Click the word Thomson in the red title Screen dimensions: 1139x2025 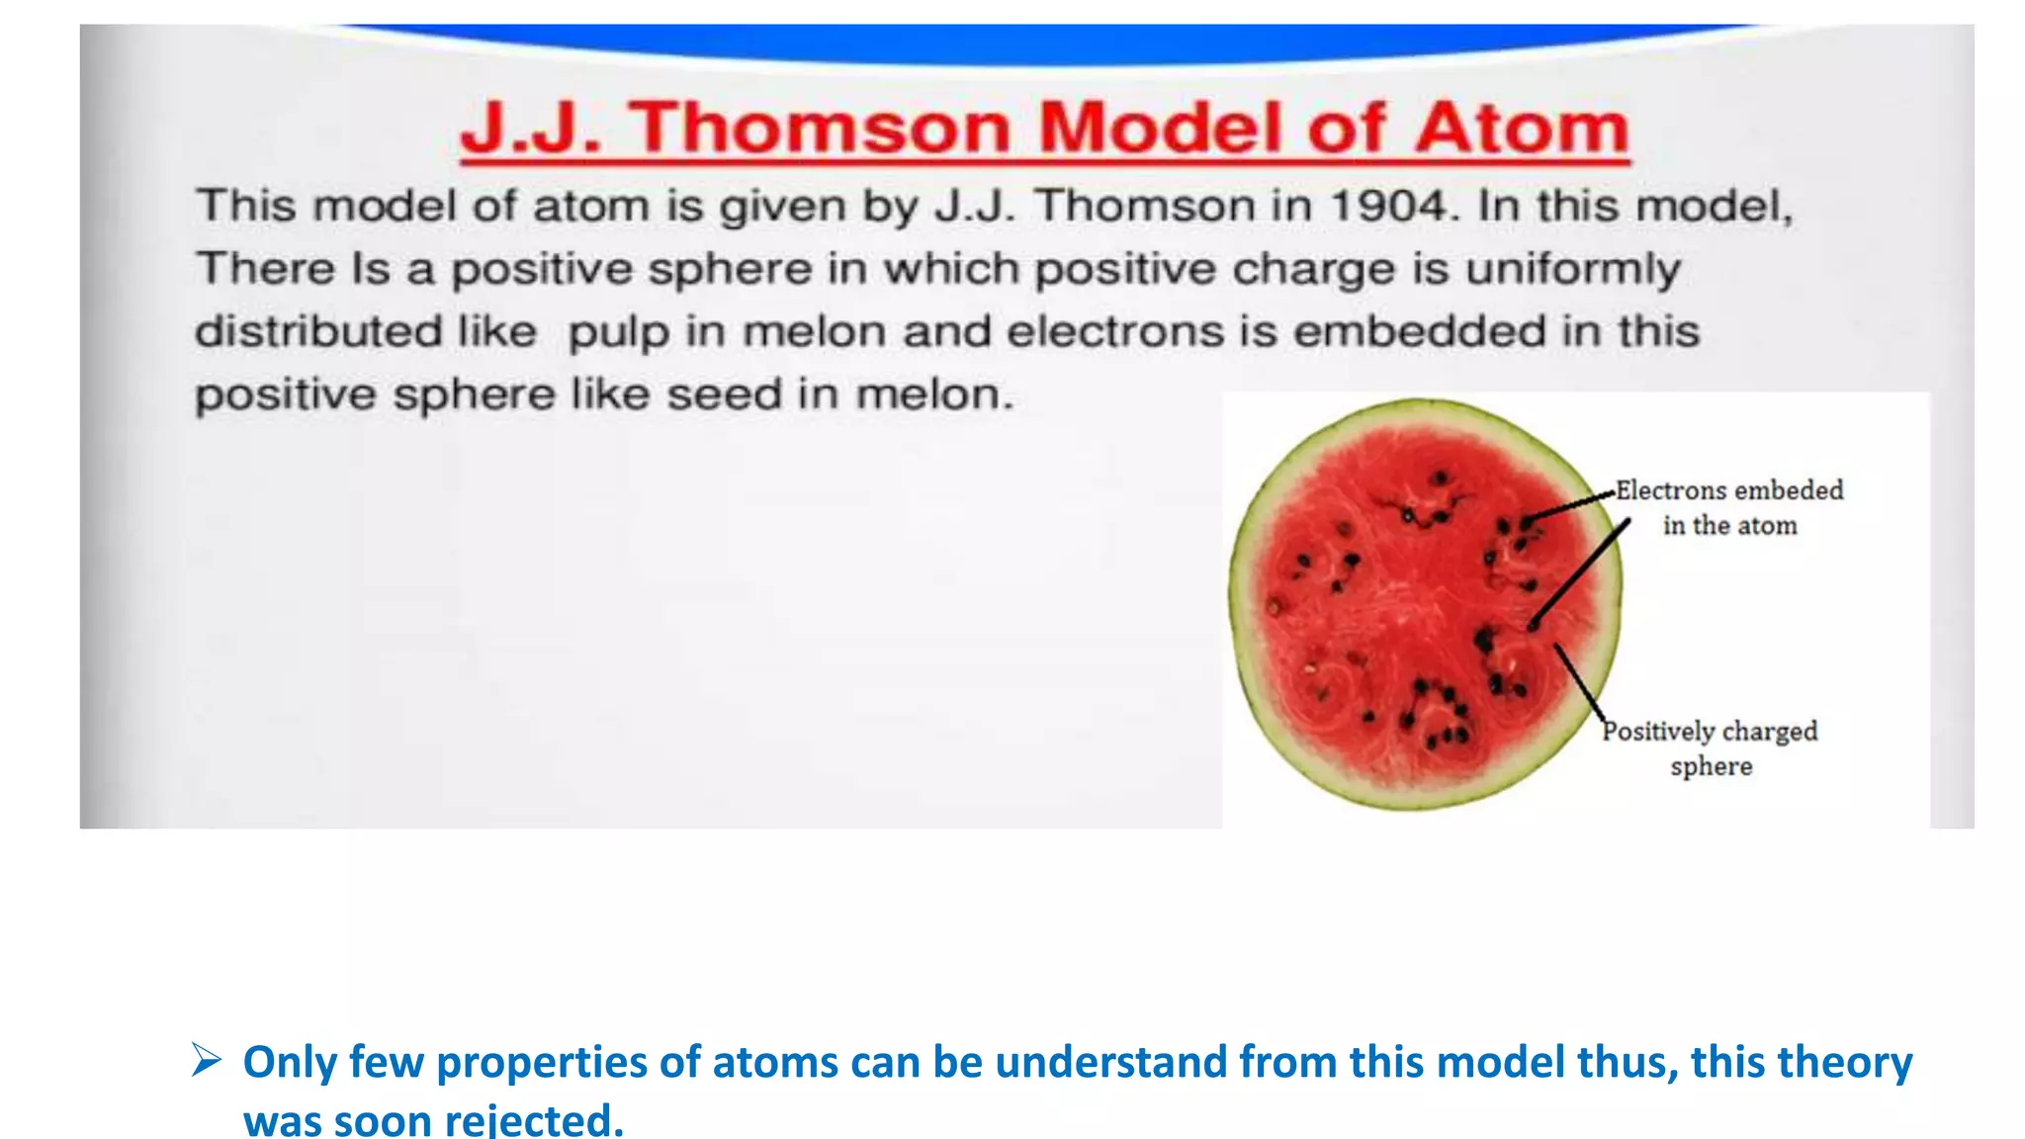[821, 129]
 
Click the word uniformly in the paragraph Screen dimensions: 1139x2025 [1573, 270]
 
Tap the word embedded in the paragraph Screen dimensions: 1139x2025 [1420, 331]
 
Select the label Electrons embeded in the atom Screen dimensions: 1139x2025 [1729, 507]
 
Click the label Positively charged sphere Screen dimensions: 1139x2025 [1711, 747]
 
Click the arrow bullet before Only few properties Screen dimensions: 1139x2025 [206, 1061]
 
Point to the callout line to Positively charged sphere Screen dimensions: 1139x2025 [1579, 682]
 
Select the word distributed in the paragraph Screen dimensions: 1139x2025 [318, 331]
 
